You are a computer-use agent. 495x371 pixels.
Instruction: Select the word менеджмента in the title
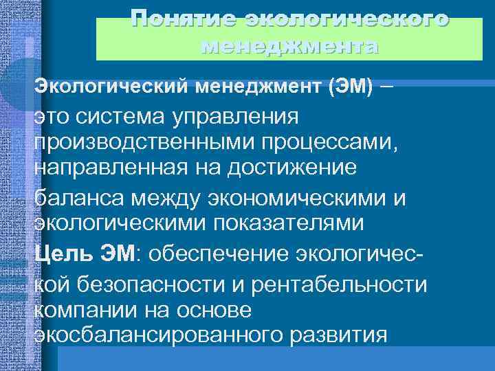[289, 47]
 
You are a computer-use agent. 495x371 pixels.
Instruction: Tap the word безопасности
[158, 282]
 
